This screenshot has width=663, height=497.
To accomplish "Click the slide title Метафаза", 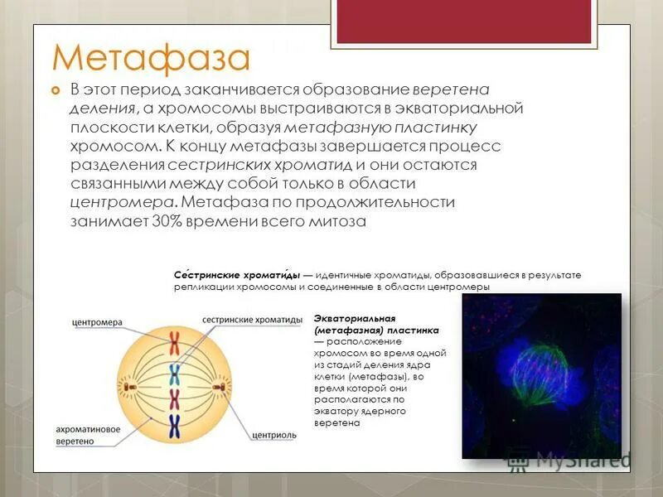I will coord(150,58).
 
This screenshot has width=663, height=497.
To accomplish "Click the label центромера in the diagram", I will coord(97,322).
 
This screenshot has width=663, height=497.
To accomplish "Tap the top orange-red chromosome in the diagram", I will coord(175,340).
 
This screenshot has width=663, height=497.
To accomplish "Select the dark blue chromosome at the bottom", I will coord(175,427).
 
